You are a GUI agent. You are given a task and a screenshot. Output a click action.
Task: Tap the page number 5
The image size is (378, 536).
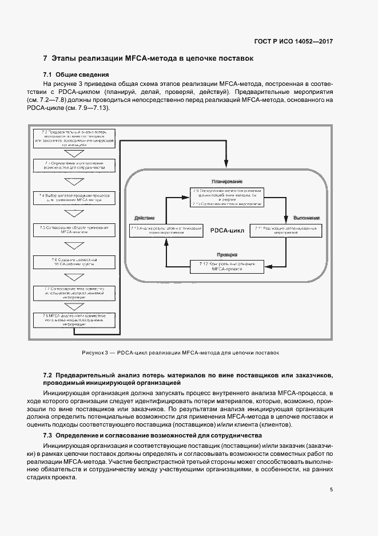click(331, 490)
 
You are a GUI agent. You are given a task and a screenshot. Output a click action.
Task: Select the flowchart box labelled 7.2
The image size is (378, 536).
click(74, 137)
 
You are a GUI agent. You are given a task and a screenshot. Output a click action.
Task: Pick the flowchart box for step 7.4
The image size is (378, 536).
click(74, 198)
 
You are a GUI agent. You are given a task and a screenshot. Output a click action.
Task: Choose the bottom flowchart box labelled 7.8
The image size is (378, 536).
click(74, 318)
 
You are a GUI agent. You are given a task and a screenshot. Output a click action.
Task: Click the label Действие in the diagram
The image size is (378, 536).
click(144, 219)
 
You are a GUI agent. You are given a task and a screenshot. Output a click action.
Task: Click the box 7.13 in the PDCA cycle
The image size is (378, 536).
click(167, 230)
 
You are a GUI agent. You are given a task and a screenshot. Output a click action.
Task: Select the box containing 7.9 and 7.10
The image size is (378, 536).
click(227, 196)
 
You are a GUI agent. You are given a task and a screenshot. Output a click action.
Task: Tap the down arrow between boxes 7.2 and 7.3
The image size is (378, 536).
click(74, 154)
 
